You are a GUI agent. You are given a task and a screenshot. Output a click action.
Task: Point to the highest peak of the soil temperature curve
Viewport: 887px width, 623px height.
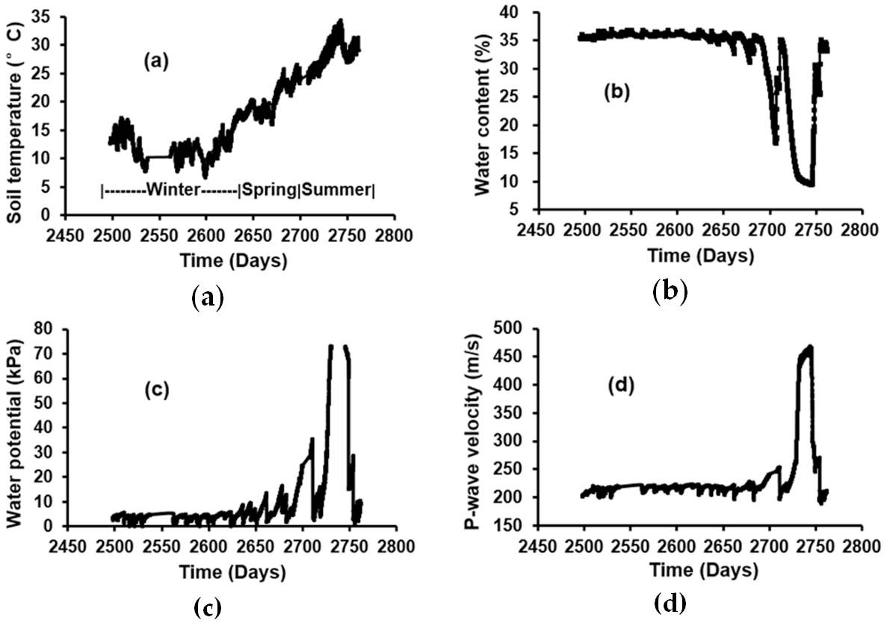point(340,21)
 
